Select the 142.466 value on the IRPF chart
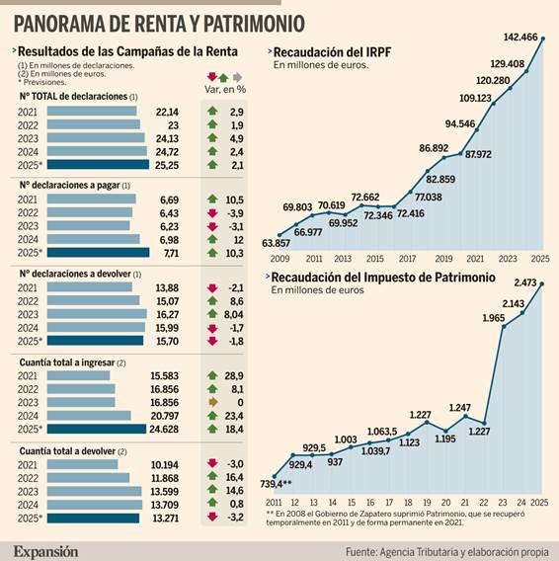click(x=520, y=38)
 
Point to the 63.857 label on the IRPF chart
click(x=277, y=242)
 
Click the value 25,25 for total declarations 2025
click(x=166, y=165)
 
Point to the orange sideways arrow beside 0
click(x=211, y=404)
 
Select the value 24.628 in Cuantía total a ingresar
click(x=165, y=429)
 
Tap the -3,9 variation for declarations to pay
click(x=231, y=212)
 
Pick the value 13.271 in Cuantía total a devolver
click(x=165, y=518)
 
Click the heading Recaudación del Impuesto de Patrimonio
click(x=383, y=278)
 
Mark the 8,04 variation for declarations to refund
click(x=234, y=315)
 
